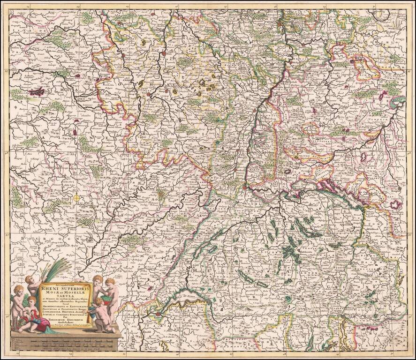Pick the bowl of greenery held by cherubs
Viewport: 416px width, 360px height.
pos(101,291)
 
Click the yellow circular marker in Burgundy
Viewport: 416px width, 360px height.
pos(76,198)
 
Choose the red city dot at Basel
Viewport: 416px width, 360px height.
pos(244,187)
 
